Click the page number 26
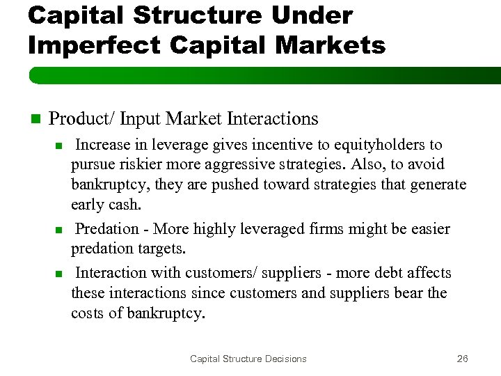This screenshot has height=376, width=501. [462, 359]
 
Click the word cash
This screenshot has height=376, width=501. [125, 205]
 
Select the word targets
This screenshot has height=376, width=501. [157, 249]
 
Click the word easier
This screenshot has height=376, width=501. [427, 229]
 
